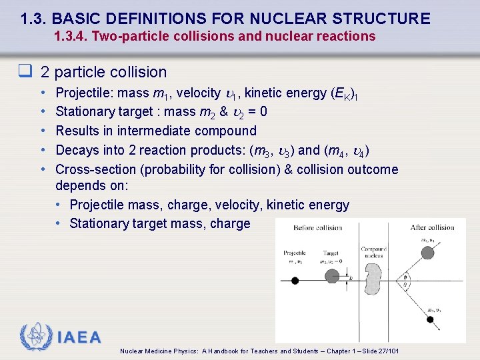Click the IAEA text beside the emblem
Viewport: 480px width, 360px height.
coord(79,337)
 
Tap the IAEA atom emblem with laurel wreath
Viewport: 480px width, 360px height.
coord(36,337)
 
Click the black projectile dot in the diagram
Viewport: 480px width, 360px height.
coord(295,281)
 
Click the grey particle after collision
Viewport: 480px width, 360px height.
coord(427,252)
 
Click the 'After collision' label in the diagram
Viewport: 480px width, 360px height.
coord(431,228)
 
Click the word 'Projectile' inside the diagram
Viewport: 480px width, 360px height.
coord(294,253)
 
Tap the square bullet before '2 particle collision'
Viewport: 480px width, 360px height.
coord(27,71)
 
